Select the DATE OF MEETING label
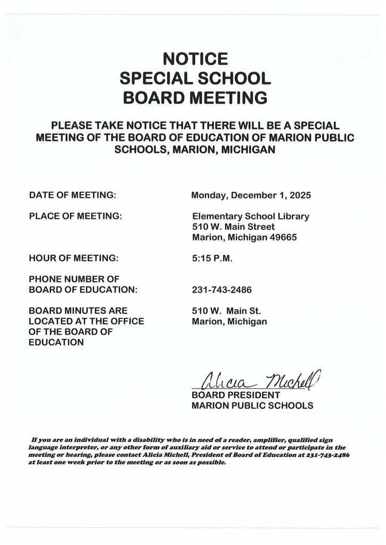pyautogui.click(x=73, y=195)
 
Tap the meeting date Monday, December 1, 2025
pyautogui.click(x=251, y=195)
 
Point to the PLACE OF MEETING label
pyautogui.click(x=76, y=216)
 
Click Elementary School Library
pyautogui.click(x=250, y=217)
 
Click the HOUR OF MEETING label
pyautogui.click(x=74, y=258)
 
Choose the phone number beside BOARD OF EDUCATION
pyautogui.click(x=222, y=290)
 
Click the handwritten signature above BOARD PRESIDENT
pyautogui.click(x=256, y=380)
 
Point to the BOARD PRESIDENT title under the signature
pyautogui.click(x=235, y=395)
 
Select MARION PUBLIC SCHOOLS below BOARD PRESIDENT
pyautogui.click(x=252, y=406)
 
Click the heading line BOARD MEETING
pyautogui.click(x=195, y=98)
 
